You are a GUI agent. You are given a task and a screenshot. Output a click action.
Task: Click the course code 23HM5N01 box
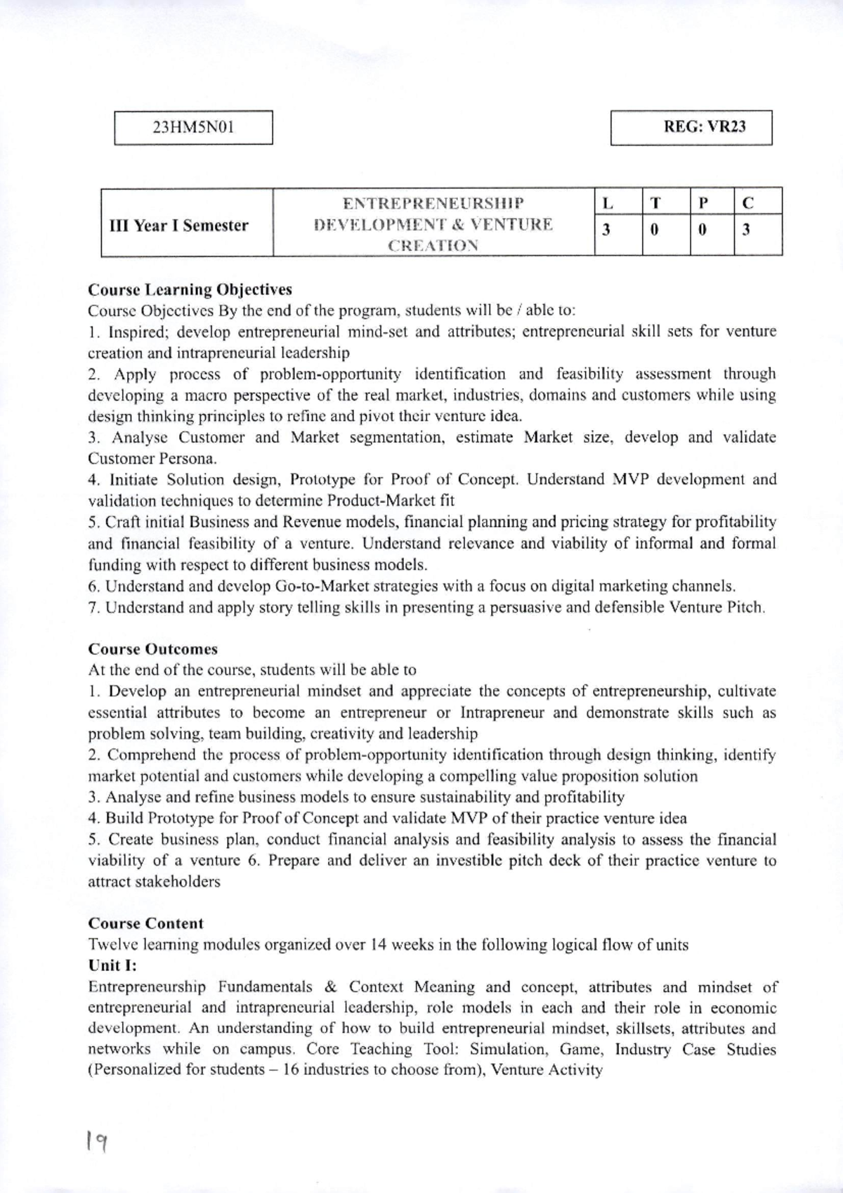pos(193,127)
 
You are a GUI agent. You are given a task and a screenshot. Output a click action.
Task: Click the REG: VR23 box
pos(691,127)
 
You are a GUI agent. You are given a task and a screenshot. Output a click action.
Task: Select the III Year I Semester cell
pos(180,226)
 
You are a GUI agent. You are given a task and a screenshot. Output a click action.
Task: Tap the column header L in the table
pos(608,204)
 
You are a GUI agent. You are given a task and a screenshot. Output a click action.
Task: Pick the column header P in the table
pos(702,204)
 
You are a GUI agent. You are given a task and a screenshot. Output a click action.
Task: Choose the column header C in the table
pos(748,204)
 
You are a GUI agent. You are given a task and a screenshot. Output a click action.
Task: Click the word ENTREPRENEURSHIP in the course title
pos(433,204)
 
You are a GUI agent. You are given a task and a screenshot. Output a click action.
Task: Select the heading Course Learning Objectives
pos(190,289)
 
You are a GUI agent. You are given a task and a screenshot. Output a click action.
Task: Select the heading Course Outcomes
pos(153,649)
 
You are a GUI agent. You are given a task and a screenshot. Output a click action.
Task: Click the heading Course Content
pos(146,924)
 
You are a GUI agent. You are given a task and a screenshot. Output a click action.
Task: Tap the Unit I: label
pos(112,965)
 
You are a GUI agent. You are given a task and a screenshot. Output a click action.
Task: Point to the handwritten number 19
pos(96,1142)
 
